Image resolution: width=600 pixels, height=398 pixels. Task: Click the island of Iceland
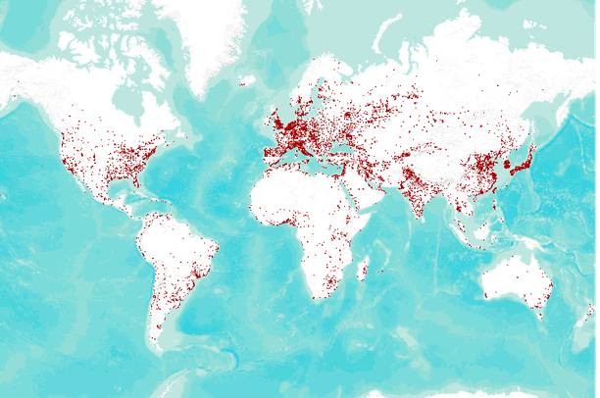247,80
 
